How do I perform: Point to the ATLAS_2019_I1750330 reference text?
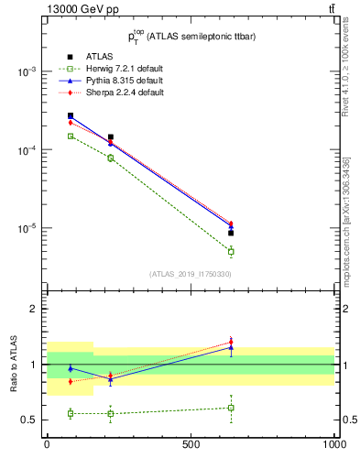click(191, 273)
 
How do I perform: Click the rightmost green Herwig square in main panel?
click(231, 251)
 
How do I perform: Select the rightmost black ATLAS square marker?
click(231, 233)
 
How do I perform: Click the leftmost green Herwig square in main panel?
click(71, 136)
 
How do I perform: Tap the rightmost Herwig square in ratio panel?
click(231, 408)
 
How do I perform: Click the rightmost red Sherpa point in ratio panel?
click(231, 342)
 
